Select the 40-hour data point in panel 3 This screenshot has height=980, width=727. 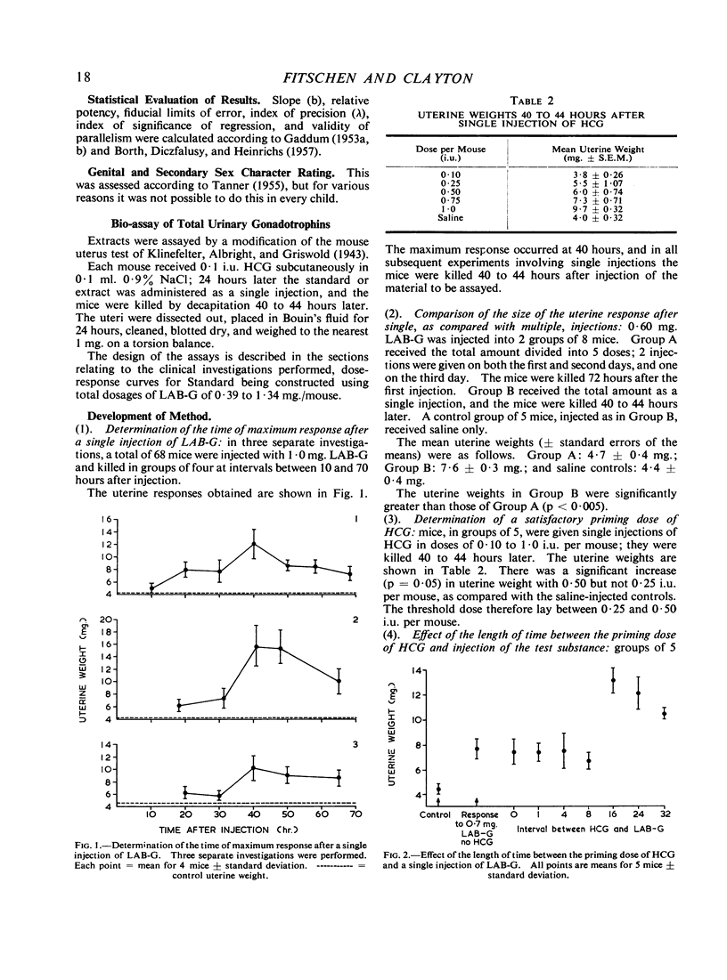254,768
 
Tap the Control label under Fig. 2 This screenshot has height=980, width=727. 437,815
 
